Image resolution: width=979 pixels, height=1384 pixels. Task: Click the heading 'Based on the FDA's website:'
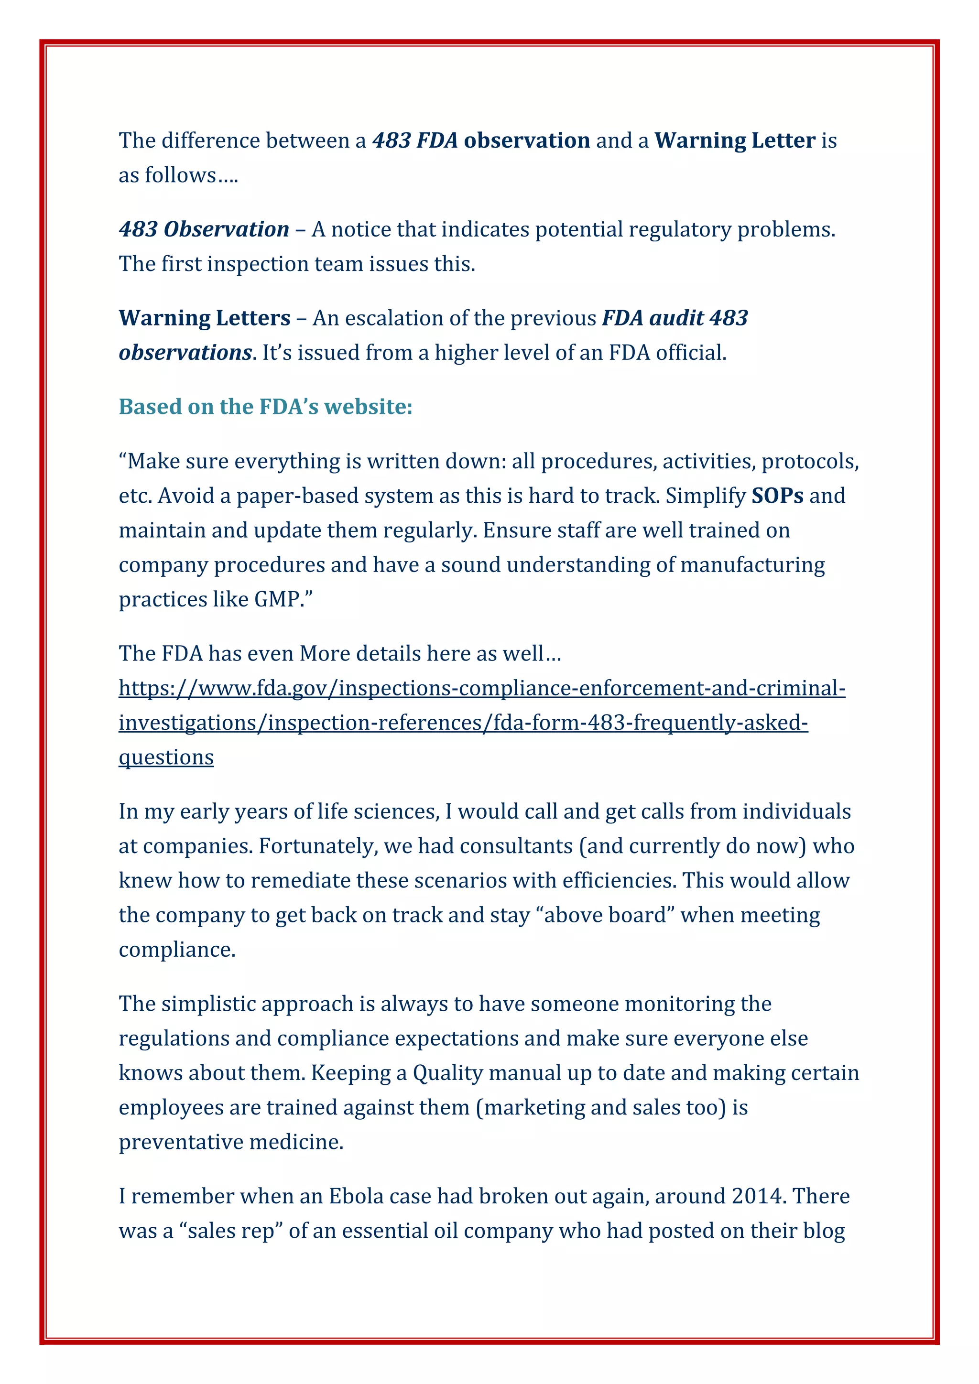[265, 407]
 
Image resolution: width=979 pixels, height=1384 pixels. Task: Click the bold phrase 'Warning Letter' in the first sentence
[735, 141]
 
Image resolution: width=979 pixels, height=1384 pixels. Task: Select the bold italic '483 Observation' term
[204, 230]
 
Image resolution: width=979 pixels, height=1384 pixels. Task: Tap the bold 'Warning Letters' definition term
[205, 318]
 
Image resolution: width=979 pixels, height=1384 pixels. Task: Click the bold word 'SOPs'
[777, 496]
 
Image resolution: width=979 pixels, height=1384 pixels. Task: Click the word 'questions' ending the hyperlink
[166, 757]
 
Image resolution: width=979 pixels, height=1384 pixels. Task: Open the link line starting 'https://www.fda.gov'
[482, 688]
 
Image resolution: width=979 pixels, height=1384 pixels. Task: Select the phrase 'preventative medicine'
[231, 1142]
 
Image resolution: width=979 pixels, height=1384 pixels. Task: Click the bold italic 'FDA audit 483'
[674, 318]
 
